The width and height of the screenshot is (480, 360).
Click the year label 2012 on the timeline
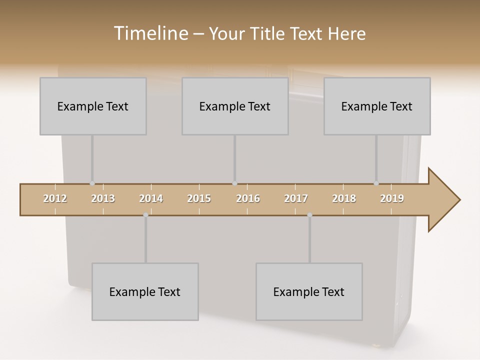(55, 198)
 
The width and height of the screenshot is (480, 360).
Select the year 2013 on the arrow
(103, 198)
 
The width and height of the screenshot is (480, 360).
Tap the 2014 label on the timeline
(151, 198)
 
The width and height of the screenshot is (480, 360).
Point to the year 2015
(199, 198)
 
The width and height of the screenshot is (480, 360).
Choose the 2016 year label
(248, 198)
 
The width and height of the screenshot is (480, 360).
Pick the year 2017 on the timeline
(296, 198)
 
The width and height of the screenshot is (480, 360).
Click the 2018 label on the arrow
(344, 198)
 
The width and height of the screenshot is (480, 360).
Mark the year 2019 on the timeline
(392, 198)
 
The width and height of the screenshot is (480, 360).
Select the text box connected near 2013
(93, 106)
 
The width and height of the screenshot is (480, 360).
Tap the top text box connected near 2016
(235, 106)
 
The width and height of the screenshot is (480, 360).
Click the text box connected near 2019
(377, 106)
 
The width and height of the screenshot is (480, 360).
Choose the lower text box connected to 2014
(145, 291)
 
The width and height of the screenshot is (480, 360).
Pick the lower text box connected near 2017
(309, 291)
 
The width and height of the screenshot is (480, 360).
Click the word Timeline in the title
(150, 33)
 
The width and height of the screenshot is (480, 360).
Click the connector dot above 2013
(92, 183)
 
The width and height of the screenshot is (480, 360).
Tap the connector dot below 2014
(145, 215)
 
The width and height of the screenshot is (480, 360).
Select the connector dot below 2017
(309, 215)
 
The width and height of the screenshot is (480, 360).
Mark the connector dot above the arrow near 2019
(376, 183)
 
